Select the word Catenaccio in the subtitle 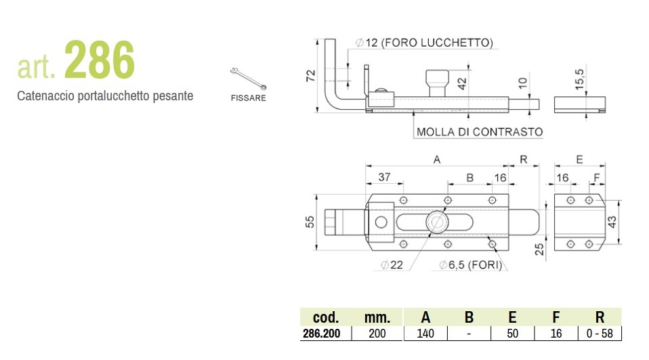click(41, 96)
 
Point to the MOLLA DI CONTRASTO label click(480, 132)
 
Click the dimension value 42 click(462, 84)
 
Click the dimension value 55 click(310, 222)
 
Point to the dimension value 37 click(385, 177)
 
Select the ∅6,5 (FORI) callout click(470, 265)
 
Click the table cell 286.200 click(326, 334)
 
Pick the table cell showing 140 click(425, 334)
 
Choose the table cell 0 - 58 click(599, 334)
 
